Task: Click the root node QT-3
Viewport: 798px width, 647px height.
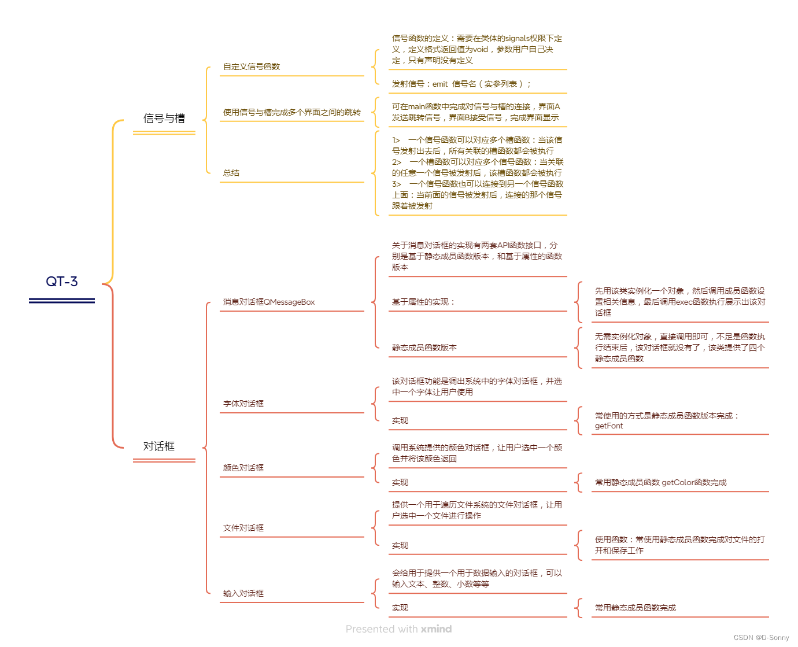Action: click(x=62, y=282)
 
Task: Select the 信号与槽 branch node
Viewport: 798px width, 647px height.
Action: click(x=164, y=119)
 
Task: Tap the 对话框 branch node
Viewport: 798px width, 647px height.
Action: click(x=159, y=446)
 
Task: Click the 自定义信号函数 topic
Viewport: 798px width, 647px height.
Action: click(x=252, y=66)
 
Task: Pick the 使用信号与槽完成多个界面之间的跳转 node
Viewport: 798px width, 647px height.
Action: click(x=292, y=112)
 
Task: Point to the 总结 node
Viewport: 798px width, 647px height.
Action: click(x=231, y=173)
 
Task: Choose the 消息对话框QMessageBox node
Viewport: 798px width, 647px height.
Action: click(x=269, y=302)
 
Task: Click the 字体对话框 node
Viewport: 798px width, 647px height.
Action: click(x=243, y=404)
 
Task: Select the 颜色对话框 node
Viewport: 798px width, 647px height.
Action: click(x=243, y=468)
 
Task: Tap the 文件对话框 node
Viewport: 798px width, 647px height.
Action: click(x=243, y=528)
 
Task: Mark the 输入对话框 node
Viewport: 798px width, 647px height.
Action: click(x=243, y=593)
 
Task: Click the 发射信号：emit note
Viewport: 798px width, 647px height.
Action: click(x=461, y=84)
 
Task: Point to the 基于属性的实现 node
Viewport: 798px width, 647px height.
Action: click(x=423, y=302)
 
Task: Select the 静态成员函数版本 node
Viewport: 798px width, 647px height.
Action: click(x=424, y=347)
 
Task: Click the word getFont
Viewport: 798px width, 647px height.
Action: click(x=609, y=426)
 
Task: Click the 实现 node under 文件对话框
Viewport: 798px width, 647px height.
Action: click(x=400, y=545)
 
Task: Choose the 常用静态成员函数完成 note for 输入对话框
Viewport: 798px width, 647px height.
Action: click(x=636, y=608)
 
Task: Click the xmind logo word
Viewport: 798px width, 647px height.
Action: click(x=436, y=629)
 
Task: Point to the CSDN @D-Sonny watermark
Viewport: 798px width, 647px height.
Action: click(x=761, y=638)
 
